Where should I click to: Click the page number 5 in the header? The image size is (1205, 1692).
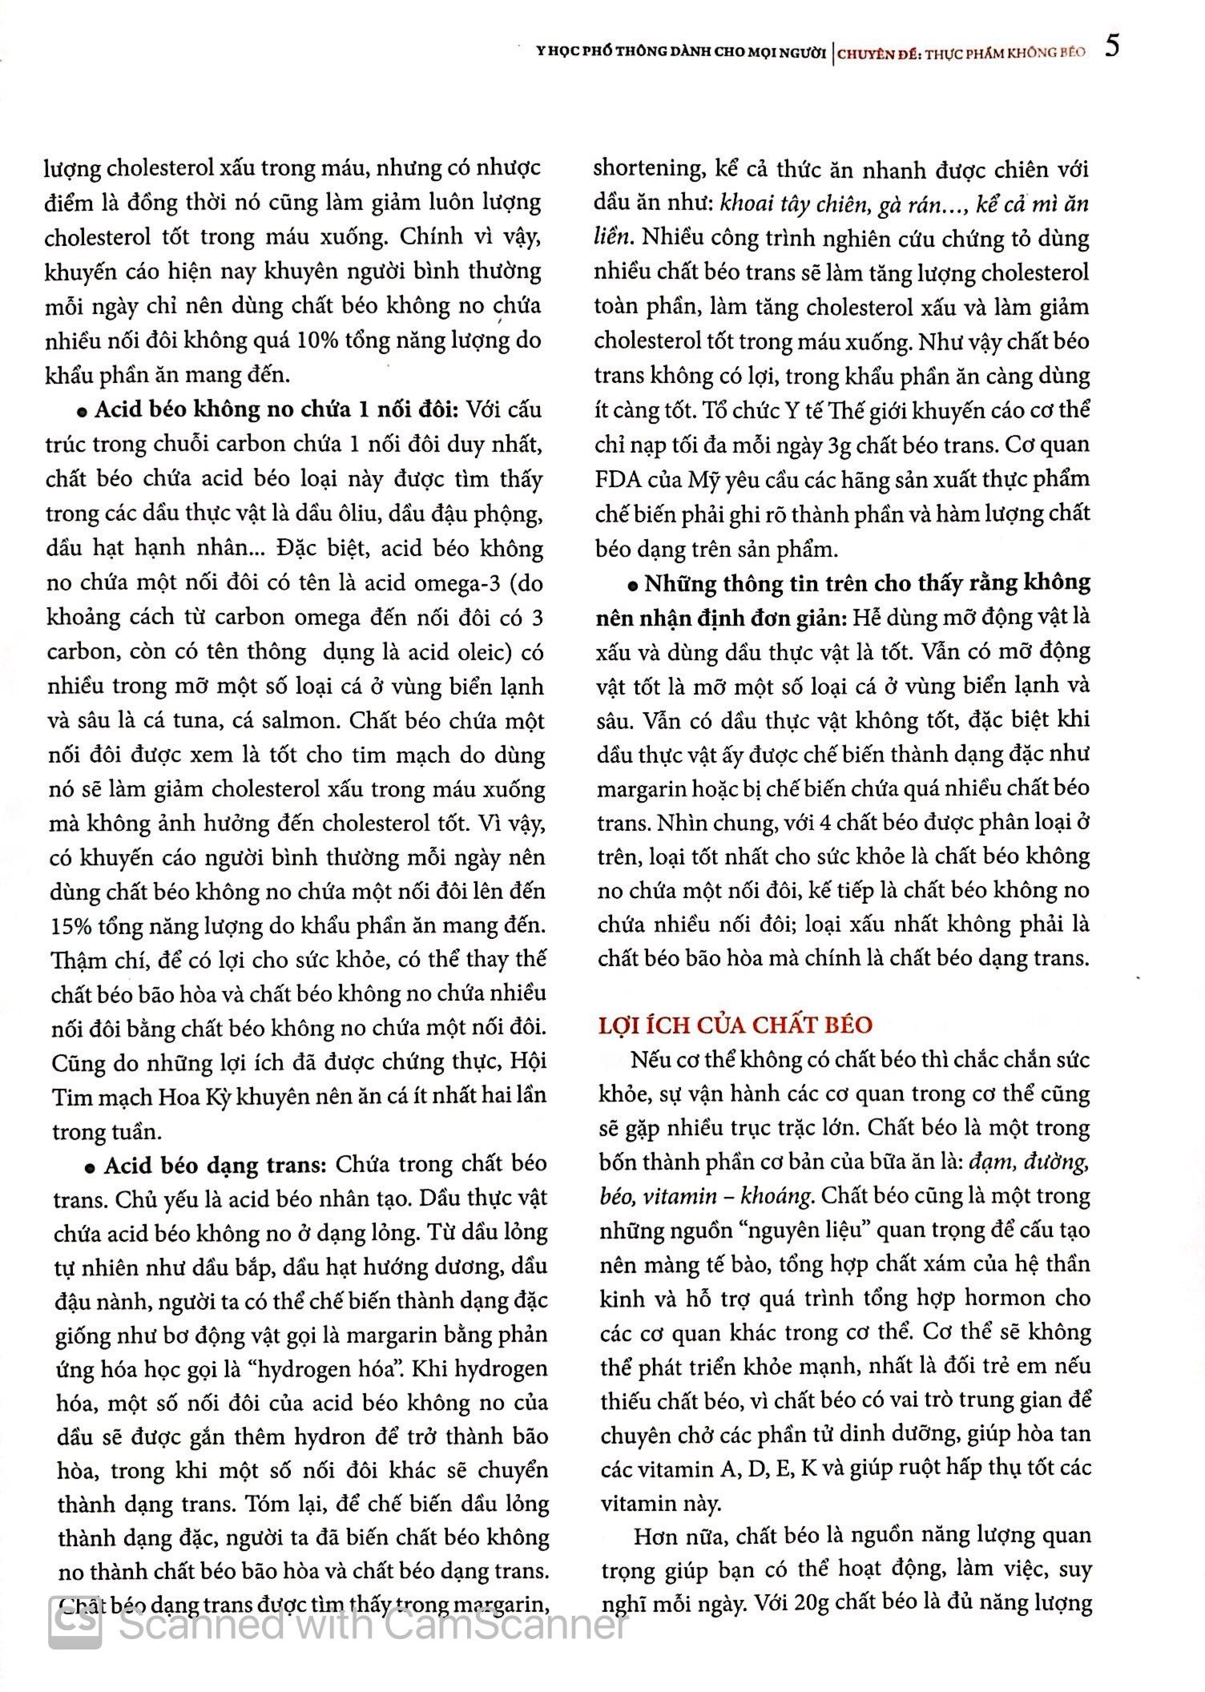tap(1112, 47)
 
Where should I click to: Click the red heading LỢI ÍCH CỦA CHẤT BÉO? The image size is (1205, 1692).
tap(735, 1025)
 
